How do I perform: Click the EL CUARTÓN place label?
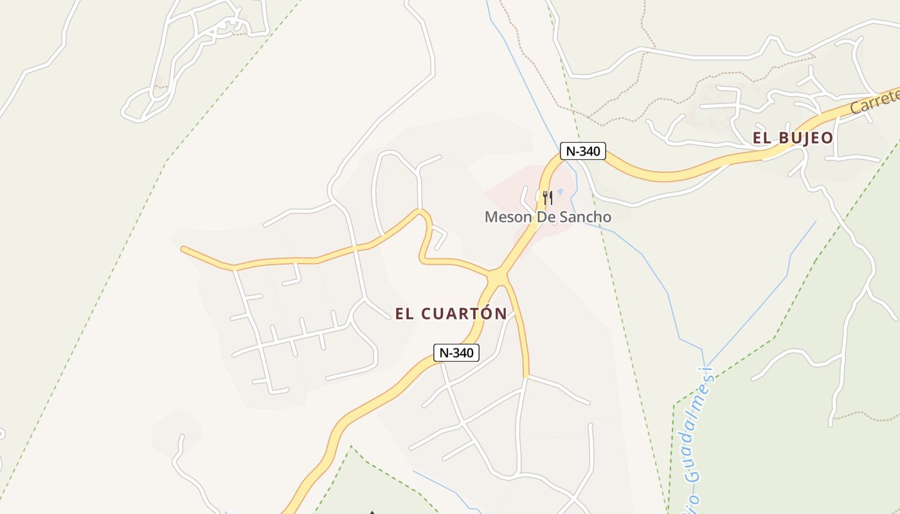[451, 314]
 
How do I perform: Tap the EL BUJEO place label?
[792, 137]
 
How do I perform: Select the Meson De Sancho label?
[548, 217]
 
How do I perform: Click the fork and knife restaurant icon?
[547, 197]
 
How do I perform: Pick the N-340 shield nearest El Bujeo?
[582, 151]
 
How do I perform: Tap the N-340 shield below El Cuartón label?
[456, 353]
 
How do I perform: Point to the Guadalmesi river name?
[694, 437]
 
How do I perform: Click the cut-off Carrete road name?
[874, 103]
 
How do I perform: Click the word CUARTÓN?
[464, 314]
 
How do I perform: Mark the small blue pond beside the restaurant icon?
[559, 192]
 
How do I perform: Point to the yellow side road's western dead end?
[184, 249]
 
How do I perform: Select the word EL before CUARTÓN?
[404, 314]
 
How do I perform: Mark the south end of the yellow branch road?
[526, 375]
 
